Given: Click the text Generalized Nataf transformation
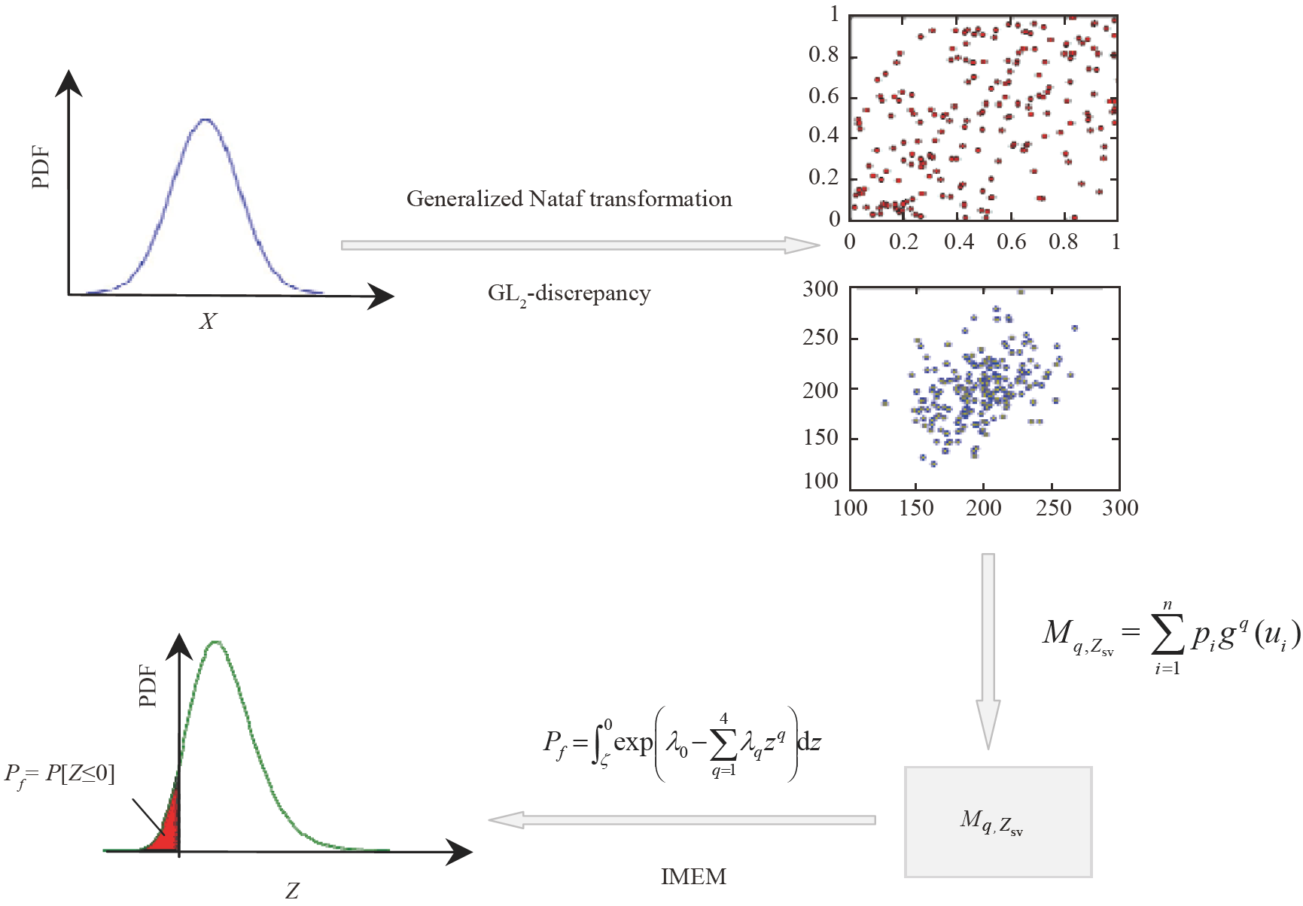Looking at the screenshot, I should pyautogui.click(x=569, y=199).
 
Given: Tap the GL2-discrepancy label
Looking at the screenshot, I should pyautogui.click(x=569, y=293).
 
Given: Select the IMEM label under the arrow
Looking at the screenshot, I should pyautogui.click(x=693, y=877).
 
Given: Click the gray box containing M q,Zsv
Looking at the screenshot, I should pyautogui.click(x=998, y=822).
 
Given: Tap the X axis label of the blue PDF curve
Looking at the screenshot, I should pyautogui.click(x=207, y=322).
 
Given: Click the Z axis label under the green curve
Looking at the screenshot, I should pyautogui.click(x=292, y=891).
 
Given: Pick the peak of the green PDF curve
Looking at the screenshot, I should pyautogui.click(x=216, y=642).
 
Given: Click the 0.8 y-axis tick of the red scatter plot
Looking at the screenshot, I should pyautogui.click(x=823, y=55).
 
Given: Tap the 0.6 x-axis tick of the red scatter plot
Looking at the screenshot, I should pyautogui.click(x=1011, y=242).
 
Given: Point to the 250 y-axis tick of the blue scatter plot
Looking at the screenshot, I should pyautogui.click(x=820, y=338).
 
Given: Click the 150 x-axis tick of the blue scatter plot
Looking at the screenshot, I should pyautogui.click(x=916, y=508).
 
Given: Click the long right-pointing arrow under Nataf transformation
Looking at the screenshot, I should pyautogui.click(x=580, y=245).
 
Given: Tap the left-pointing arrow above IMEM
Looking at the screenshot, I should pyautogui.click(x=681, y=819).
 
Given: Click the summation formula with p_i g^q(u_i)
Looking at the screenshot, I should pyautogui.click(x=1171, y=635).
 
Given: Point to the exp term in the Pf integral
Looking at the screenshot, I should pyautogui.click(x=633, y=743).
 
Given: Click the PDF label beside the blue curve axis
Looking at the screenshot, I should pyautogui.click(x=41, y=167).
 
